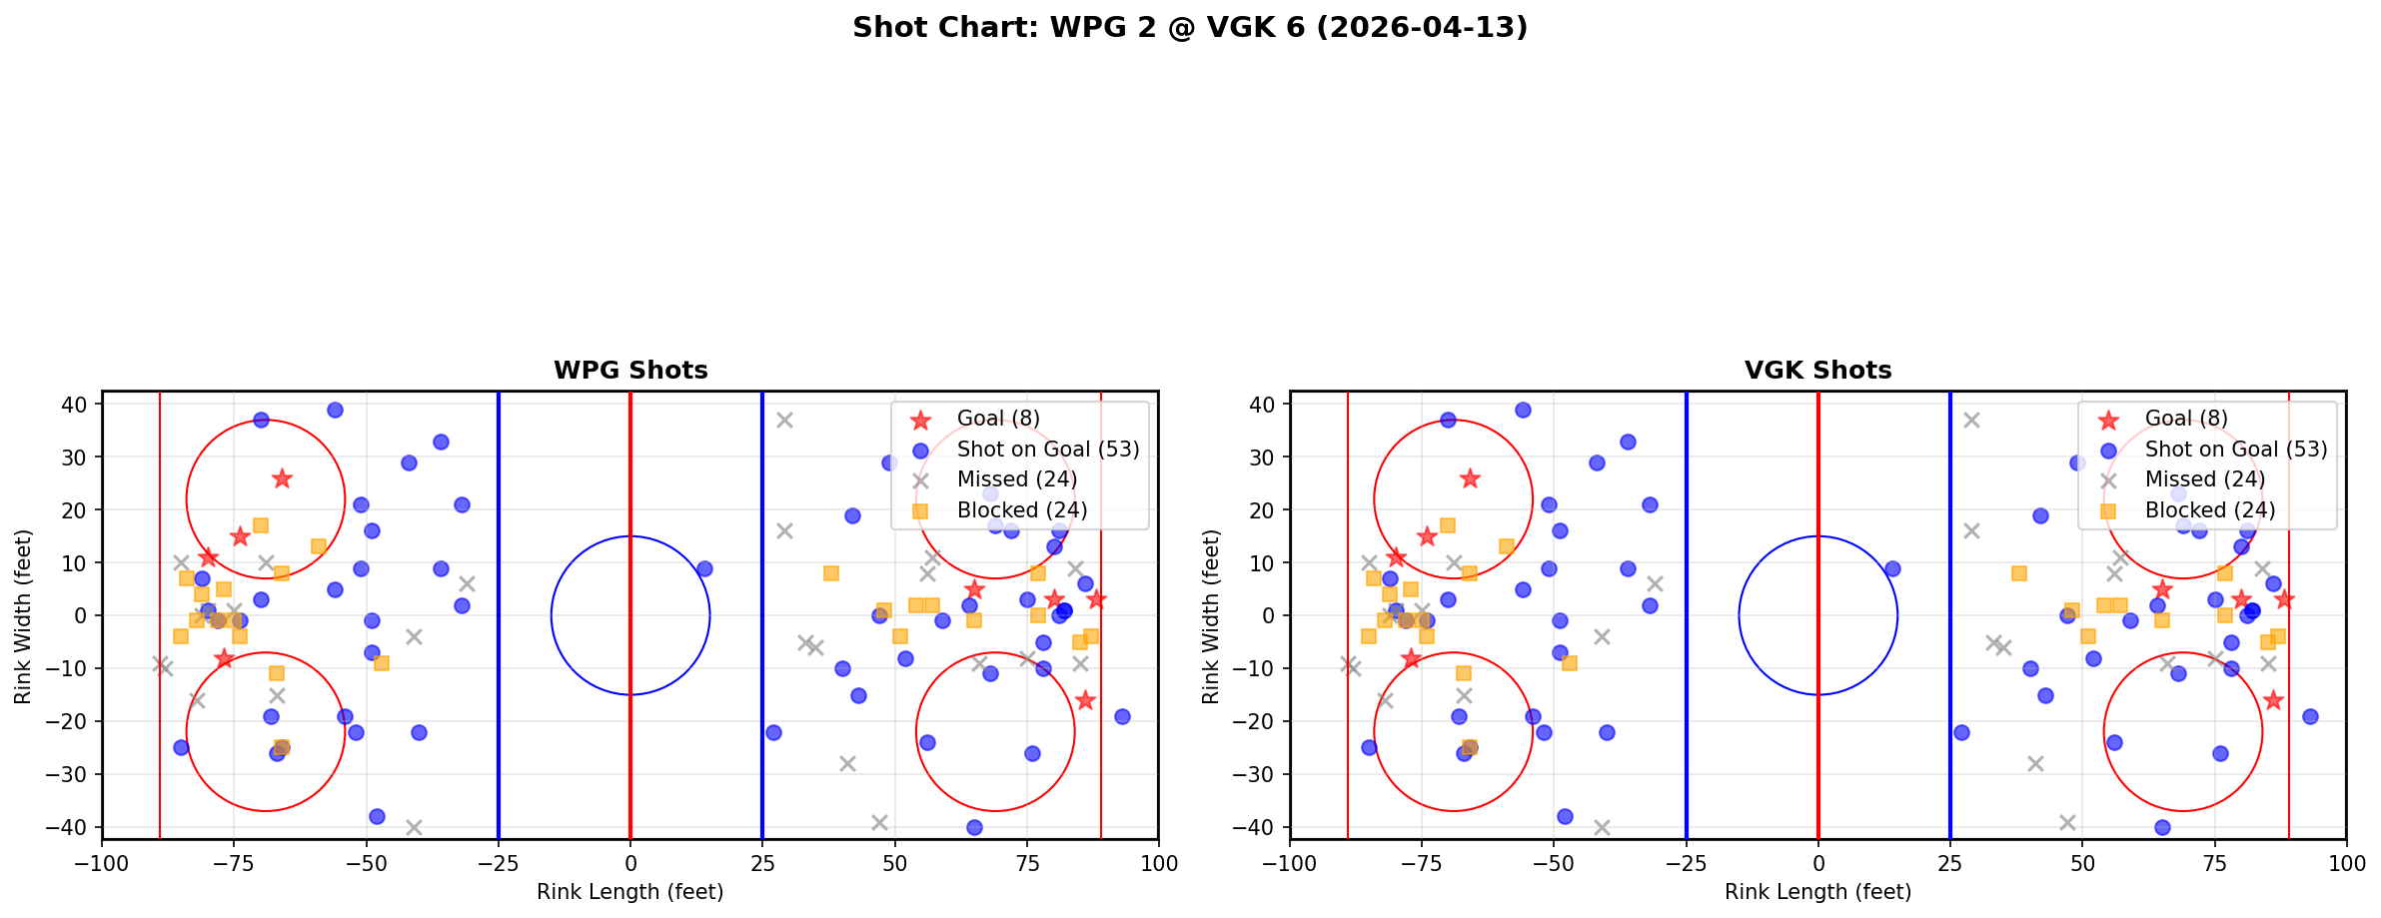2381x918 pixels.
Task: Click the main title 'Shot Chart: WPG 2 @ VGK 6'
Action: [x=1189, y=28]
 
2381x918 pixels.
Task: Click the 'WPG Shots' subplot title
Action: [x=630, y=371]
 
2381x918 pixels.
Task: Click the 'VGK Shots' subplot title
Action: [x=1817, y=371]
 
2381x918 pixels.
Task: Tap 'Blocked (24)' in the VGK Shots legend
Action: [x=2210, y=510]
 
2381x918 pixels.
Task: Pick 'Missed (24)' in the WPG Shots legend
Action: [x=1016, y=479]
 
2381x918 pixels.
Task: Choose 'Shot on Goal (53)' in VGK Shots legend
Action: [x=2236, y=450]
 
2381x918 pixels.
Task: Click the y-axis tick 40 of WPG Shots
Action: [x=75, y=405]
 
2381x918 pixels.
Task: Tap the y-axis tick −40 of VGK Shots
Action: [x=1258, y=827]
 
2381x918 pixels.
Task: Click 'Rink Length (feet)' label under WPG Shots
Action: [x=629, y=892]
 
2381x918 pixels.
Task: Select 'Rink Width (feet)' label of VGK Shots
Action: [x=1211, y=616]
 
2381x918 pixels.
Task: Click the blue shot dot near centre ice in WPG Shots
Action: [x=704, y=568]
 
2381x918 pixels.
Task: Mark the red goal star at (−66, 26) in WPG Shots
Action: [x=282, y=478]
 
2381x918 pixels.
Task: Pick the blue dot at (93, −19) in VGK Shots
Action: [x=2309, y=716]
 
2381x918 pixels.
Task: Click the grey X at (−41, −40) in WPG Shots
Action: [x=414, y=827]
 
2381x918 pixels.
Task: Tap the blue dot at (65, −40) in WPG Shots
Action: [x=974, y=827]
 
